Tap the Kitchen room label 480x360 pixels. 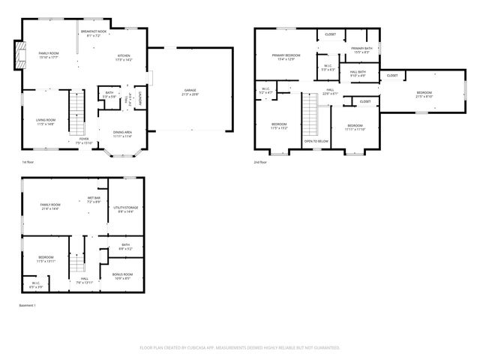coord(124,56)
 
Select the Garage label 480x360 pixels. coord(190,92)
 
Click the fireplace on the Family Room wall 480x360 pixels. coord(22,54)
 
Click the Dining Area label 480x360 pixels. coord(122,134)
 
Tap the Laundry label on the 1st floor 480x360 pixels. coord(140,97)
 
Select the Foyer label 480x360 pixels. coord(83,140)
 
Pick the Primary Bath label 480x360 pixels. coord(361,50)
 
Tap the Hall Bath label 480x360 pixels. coord(358,73)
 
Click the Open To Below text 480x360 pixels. coord(316,141)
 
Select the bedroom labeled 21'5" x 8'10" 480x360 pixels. coord(424,94)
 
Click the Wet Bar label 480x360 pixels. coord(94,200)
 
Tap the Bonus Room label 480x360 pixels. coord(122,276)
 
